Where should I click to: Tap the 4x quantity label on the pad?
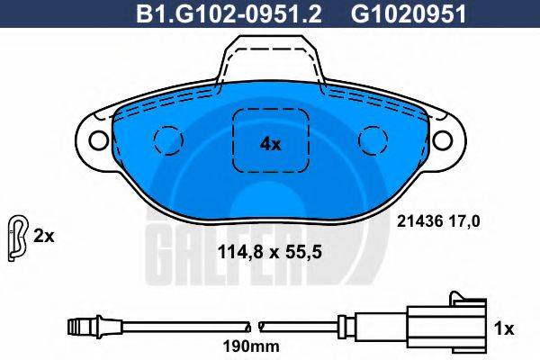pos(270,143)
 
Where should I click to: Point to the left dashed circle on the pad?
pos(166,139)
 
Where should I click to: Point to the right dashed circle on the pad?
pos(372,139)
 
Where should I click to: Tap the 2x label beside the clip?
pos(43,238)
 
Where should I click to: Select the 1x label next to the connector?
pos(505,328)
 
